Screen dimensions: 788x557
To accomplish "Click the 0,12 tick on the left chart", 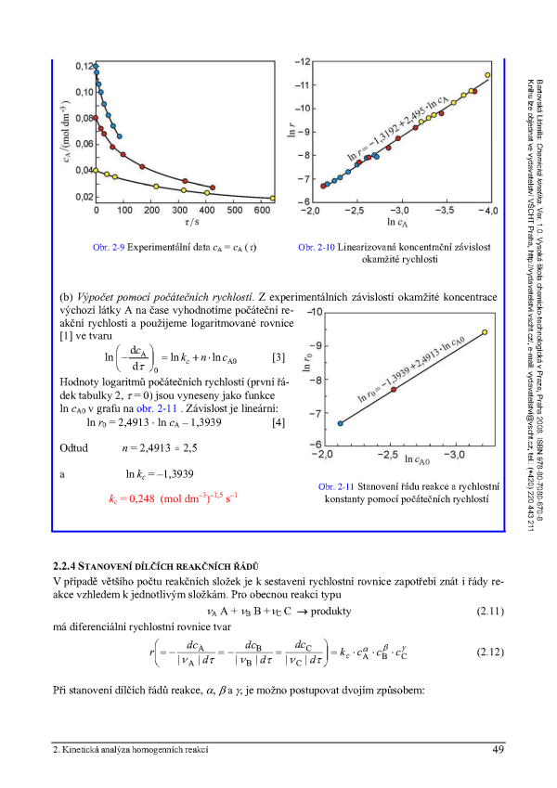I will pos(83,66).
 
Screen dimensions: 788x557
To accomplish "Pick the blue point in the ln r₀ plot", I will pos(340,423).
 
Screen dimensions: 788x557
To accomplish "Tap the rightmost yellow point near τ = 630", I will pos(272,198).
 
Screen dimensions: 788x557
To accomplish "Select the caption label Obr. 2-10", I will pos(315,249).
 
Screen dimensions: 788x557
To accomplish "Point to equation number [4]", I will pos(278,424).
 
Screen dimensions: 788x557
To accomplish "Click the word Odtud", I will pos(72,448).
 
